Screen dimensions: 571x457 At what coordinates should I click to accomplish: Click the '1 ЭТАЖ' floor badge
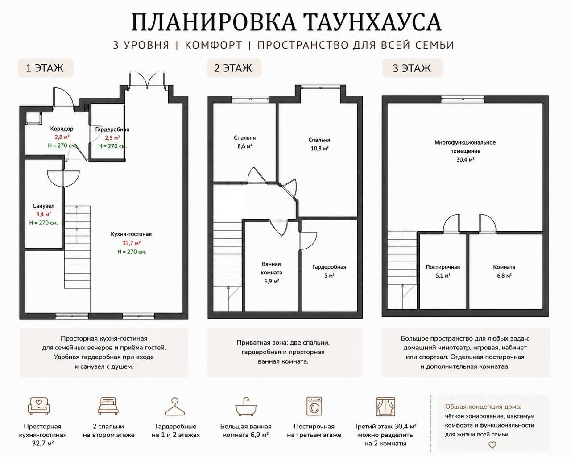[46, 68]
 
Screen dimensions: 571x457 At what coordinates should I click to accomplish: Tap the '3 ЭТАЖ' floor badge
[412, 68]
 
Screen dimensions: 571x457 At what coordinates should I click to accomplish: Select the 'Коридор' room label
[62, 129]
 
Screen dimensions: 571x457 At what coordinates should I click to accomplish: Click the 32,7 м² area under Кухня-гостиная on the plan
[131, 243]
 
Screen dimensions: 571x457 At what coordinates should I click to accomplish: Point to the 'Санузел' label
[44, 206]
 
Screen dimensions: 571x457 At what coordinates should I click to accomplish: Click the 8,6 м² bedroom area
[245, 146]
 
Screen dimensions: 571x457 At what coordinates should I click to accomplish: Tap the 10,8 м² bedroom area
[319, 149]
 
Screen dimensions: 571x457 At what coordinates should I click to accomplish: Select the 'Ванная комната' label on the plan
[271, 268]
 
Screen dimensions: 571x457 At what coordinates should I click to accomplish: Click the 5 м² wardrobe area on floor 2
[329, 276]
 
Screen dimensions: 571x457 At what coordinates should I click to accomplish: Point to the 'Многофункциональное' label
[465, 143]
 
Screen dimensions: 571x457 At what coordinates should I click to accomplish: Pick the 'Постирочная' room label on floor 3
[443, 267]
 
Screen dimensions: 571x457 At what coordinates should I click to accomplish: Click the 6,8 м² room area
[504, 276]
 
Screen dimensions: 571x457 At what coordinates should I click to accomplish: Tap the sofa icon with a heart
[39, 406]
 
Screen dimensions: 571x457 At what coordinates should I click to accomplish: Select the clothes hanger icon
[174, 407]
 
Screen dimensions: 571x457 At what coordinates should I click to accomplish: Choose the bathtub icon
[246, 407]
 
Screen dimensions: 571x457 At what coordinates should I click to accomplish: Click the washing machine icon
[314, 406]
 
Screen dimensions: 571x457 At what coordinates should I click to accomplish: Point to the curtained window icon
[385, 407]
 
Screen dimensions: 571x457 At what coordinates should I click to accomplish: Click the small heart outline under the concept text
[492, 445]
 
